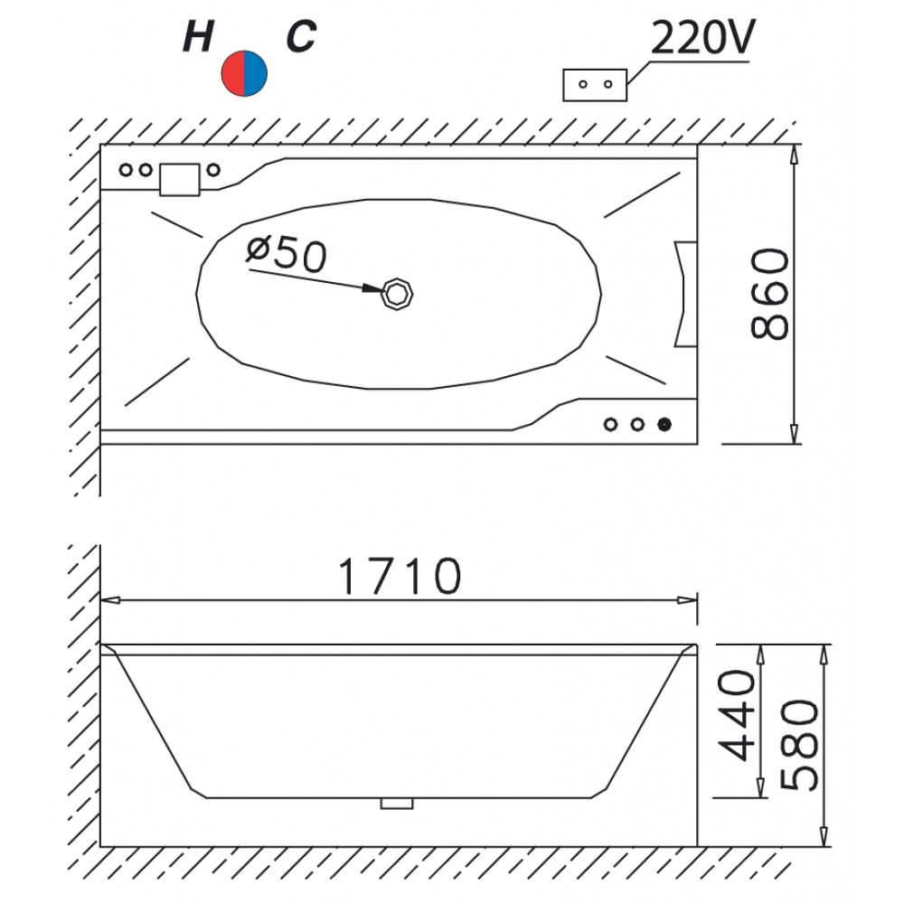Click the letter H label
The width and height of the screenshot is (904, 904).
[x=198, y=36]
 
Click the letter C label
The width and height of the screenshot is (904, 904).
[x=301, y=36]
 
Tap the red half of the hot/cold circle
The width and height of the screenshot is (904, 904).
[x=233, y=73]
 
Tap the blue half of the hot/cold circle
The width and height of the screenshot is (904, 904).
[x=256, y=73]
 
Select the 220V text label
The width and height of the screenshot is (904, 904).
[x=702, y=37]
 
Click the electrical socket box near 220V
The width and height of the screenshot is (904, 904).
[x=595, y=85]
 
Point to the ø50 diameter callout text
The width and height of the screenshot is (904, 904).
[x=287, y=254]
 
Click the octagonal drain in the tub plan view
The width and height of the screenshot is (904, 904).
[x=397, y=295]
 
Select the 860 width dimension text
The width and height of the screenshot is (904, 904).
[x=769, y=294]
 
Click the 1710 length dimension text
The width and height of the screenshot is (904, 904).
[x=399, y=575]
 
